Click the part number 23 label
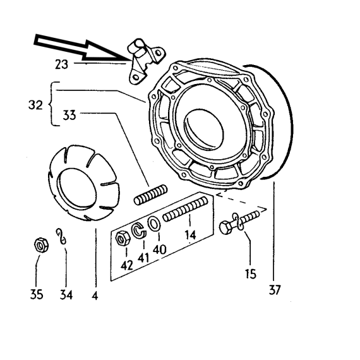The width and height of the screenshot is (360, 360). (x=61, y=64)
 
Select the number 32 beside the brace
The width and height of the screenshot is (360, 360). (x=35, y=105)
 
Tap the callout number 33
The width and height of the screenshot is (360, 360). (x=69, y=115)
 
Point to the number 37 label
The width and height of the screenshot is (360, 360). (x=275, y=290)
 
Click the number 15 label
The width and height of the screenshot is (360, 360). (x=251, y=273)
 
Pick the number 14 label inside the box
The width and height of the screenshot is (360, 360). (x=190, y=235)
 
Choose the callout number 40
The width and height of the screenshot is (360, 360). (x=159, y=249)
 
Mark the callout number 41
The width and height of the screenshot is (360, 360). (x=143, y=258)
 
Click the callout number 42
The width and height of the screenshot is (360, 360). (x=127, y=265)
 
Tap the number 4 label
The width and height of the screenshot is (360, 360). (x=95, y=296)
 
